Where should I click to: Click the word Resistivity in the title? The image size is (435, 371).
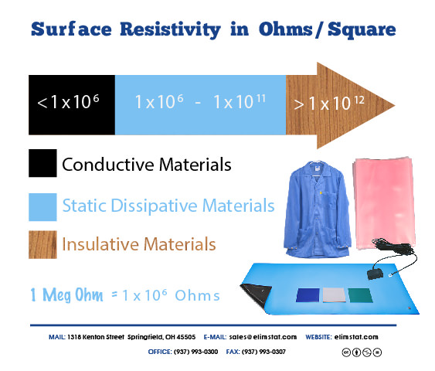click(170, 29)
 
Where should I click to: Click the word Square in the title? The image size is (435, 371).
click(362, 30)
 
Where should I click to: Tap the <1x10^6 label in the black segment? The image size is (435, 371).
click(68, 101)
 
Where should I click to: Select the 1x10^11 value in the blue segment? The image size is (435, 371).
click(240, 101)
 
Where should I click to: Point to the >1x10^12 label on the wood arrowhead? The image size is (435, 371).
click(329, 104)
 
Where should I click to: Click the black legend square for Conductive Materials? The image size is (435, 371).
click(42, 163)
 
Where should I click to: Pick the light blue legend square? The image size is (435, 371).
click(42, 207)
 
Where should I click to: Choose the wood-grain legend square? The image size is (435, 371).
click(42, 245)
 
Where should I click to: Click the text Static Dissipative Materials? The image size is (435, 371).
click(168, 206)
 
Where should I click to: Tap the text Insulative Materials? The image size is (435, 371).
click(139, 244)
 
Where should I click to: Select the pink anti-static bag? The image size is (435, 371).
click(384, 203)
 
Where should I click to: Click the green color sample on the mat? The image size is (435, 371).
click(360, 295)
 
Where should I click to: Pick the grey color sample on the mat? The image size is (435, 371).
click(335, 295)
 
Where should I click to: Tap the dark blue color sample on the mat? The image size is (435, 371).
click(308, 295)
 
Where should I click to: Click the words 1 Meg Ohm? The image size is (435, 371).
click(66, 295)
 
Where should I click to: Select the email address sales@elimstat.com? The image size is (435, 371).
click(263, 337)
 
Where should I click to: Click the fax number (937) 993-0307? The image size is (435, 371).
click(263, 352)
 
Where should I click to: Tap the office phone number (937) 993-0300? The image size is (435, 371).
click(195, 352)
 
